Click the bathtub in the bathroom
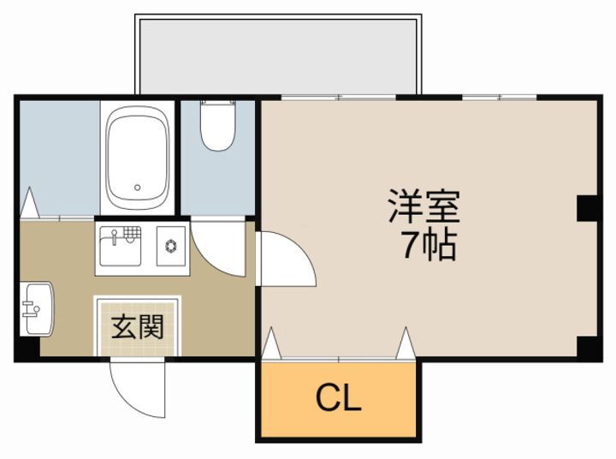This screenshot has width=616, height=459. click(137, 158)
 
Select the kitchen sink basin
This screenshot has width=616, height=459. click(118, 249)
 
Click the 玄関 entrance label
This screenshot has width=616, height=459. click(137, 326)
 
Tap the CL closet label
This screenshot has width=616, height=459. click(339, 398)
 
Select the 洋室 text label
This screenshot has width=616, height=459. click(424, 206)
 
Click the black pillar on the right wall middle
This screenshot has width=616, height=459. click(588, 208)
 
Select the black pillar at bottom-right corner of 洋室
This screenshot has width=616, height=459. click(588, 347)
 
